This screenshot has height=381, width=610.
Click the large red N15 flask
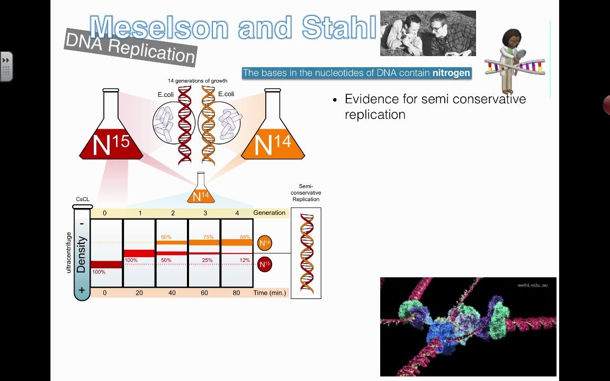coord(111,132)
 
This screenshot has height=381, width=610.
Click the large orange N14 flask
coord(273,132)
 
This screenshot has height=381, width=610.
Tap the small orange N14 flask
coord(201,192)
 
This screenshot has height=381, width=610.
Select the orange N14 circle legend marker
coord(265,243)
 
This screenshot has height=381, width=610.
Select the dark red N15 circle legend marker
coord(265,264)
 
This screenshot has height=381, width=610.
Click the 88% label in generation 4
coord(244,237)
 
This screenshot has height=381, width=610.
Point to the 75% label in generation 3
coord(208,237)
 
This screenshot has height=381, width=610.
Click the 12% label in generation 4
coord(244,260)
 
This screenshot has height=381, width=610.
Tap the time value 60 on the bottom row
coord(204,293)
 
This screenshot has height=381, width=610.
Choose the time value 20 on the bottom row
coord(139,293)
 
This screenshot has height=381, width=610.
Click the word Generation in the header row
coord(269,213)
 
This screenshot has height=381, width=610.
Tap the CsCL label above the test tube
coord(83,199)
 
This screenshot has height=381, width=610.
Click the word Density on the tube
coord(81,255)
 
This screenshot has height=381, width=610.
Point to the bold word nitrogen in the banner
coord(451,73)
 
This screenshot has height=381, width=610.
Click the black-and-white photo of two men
coord(428,33)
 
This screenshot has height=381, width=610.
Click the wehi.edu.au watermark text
coord(533,285)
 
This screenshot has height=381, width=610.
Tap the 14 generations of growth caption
coord(198,81)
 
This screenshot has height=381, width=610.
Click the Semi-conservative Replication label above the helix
coord(306,193)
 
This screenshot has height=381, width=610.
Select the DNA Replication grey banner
coord(130,47)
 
